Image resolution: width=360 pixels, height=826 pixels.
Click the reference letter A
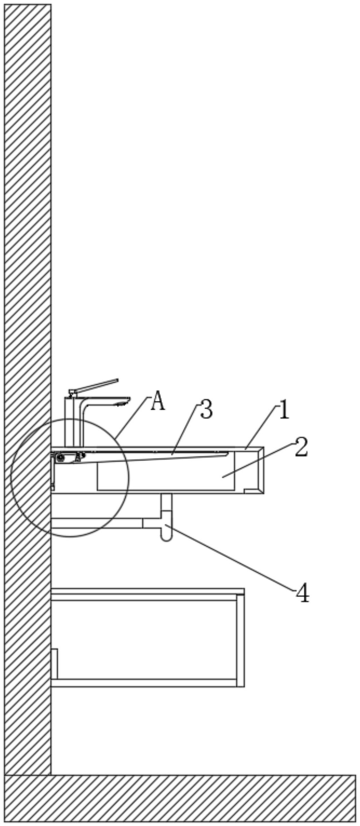click(158, 401)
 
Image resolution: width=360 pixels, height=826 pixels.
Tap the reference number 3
click(206, 410)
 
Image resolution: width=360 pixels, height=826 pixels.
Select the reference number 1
click(284, 410)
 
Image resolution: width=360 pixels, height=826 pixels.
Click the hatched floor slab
click(179, 798)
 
